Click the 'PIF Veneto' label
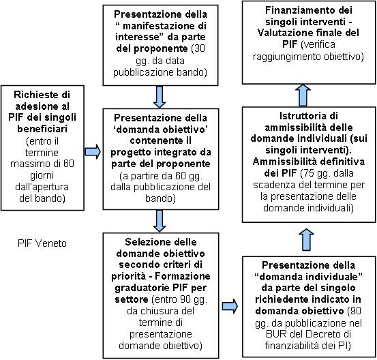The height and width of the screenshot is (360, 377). click(42, 243)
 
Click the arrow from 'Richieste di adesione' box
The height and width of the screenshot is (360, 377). click(93, 151)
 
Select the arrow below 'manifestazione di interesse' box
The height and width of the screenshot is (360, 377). click(160, 97)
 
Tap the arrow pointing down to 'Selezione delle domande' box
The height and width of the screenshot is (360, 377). click(160, 221)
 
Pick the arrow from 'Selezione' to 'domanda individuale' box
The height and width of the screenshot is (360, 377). click(230, 306)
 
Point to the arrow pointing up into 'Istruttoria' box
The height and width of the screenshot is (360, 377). click(307, 239)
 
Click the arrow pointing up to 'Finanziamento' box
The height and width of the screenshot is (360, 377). click(303, 95)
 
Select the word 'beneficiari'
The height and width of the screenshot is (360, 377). click(42, 129)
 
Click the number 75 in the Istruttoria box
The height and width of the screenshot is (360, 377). click(308, 173)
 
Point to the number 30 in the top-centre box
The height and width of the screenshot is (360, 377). click(200, 48)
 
